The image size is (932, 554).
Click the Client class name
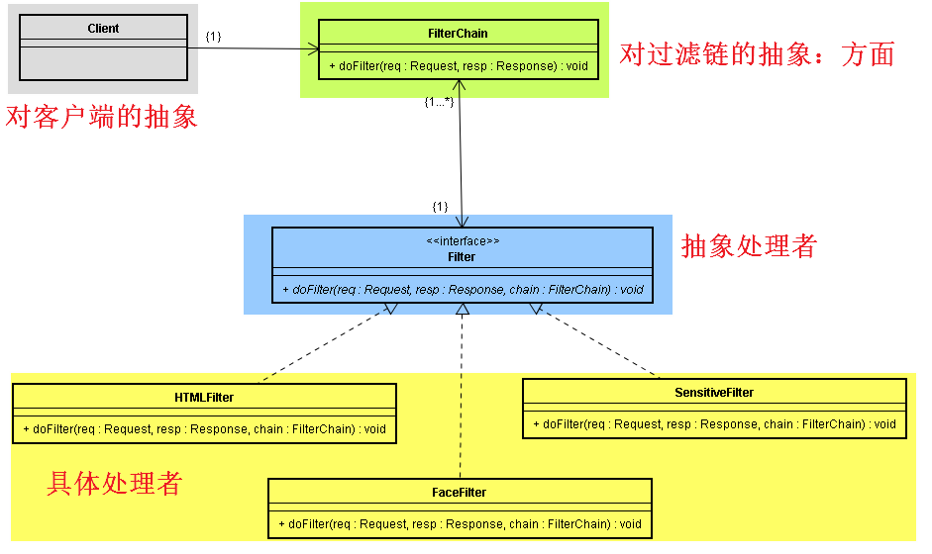(x=103, y=29)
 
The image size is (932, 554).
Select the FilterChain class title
(x=458, y=34)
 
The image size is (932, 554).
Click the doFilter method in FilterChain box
(x=458, y=67)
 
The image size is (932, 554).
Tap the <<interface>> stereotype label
(x=463, y=240)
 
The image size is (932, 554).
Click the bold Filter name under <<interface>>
(x=462, y=257)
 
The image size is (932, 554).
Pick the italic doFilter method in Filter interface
(x=463, y=290)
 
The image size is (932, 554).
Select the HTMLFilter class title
(x=204, y=398)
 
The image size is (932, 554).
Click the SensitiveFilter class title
(x=713, y=393)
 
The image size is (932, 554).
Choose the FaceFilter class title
(x=460, y=493)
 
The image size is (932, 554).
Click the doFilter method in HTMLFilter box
(x=204, y=429)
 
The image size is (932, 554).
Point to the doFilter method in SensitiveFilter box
(x=713, y=424)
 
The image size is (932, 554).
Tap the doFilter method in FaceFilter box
(x=460, y=524)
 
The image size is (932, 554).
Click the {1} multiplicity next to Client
(x=213, y=37)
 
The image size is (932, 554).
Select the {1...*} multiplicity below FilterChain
(x=438, y=102)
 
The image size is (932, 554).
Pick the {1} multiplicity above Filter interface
(x=440, y=206)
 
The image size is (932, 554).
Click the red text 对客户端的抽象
(x=102, y=118)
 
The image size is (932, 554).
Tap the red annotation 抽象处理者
(x=749, y=247)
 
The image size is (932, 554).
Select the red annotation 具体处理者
(x=115, y=484)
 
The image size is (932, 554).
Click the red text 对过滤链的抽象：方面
(x=757, y=54)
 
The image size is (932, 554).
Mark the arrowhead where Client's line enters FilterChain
(x=314, y=48)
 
